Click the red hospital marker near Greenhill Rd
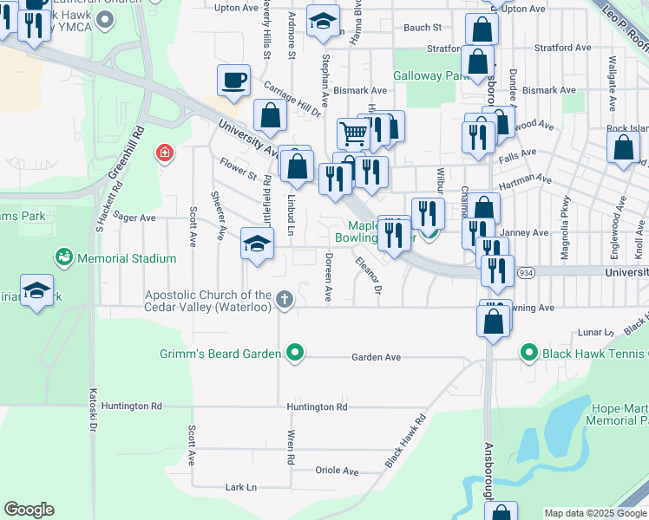tap(163, 155)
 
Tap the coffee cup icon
tap(234, 81)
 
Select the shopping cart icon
tap(353, 133)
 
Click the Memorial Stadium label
tap(126, 258)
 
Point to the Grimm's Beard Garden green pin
tap(295, 353)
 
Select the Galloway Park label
tap(431, 76)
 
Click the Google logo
tap(29, 510)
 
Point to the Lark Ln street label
tap(241, 488)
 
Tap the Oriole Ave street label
tap(338, 471)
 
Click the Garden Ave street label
tap(376, 357)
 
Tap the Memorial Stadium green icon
tap(63, 257)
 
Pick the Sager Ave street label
tap(134, 218)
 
